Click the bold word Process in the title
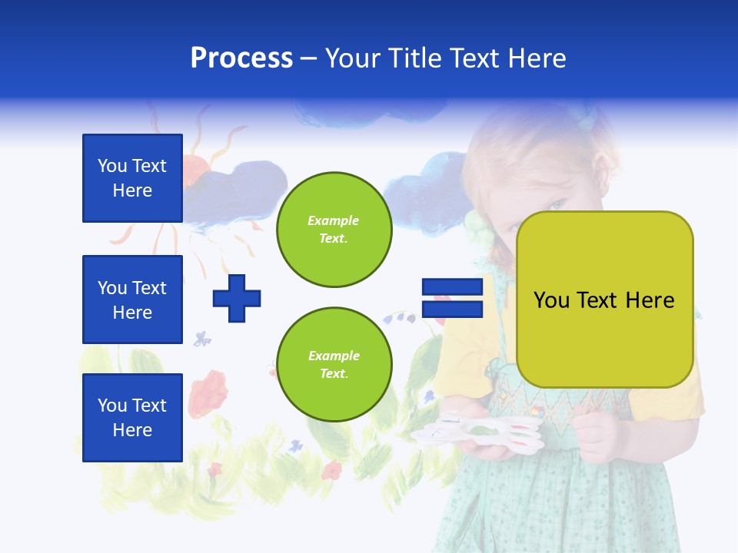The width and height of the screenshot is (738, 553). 241,58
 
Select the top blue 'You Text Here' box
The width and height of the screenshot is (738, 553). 132,178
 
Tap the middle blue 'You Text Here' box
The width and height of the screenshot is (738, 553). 132,300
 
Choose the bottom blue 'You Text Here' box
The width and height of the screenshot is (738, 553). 132,418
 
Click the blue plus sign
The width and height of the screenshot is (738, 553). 237,298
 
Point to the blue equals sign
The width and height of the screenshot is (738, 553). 452,298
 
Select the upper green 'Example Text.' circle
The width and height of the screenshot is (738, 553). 334,230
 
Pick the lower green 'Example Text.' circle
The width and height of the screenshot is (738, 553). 334,365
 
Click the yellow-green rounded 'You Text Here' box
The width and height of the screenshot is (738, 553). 604,300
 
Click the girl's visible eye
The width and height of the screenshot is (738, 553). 557,204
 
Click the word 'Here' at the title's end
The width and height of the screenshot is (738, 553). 536,58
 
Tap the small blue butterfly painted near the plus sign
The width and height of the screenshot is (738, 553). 202,338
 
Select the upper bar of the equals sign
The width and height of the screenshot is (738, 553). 452,286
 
